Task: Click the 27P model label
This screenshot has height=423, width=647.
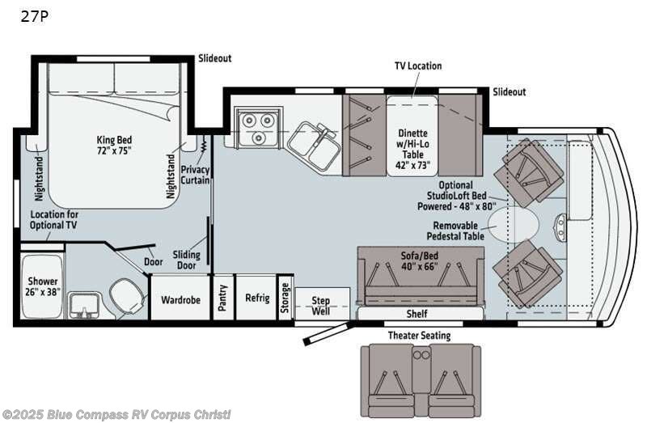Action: coord(35,16)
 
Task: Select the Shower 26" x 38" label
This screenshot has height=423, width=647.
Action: coord(43,286)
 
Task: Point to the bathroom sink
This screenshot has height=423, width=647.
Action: coord(85,305)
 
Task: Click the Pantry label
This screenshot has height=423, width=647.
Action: coord(223,298)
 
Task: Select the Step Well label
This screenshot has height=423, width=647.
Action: coord(320,306)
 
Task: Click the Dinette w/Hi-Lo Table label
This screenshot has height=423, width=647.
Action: coord(412,149)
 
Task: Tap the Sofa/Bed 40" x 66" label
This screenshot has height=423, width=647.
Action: coord(420,260)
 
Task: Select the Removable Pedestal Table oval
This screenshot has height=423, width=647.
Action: coord(514,225)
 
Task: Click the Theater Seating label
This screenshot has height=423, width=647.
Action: coord(419,336)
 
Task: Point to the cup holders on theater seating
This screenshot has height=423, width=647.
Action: coord(421,355)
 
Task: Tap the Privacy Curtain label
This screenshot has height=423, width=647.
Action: coord(195,175)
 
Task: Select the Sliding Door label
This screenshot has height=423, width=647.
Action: coord(187,260)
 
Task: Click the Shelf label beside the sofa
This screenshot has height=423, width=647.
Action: coord(417,314)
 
